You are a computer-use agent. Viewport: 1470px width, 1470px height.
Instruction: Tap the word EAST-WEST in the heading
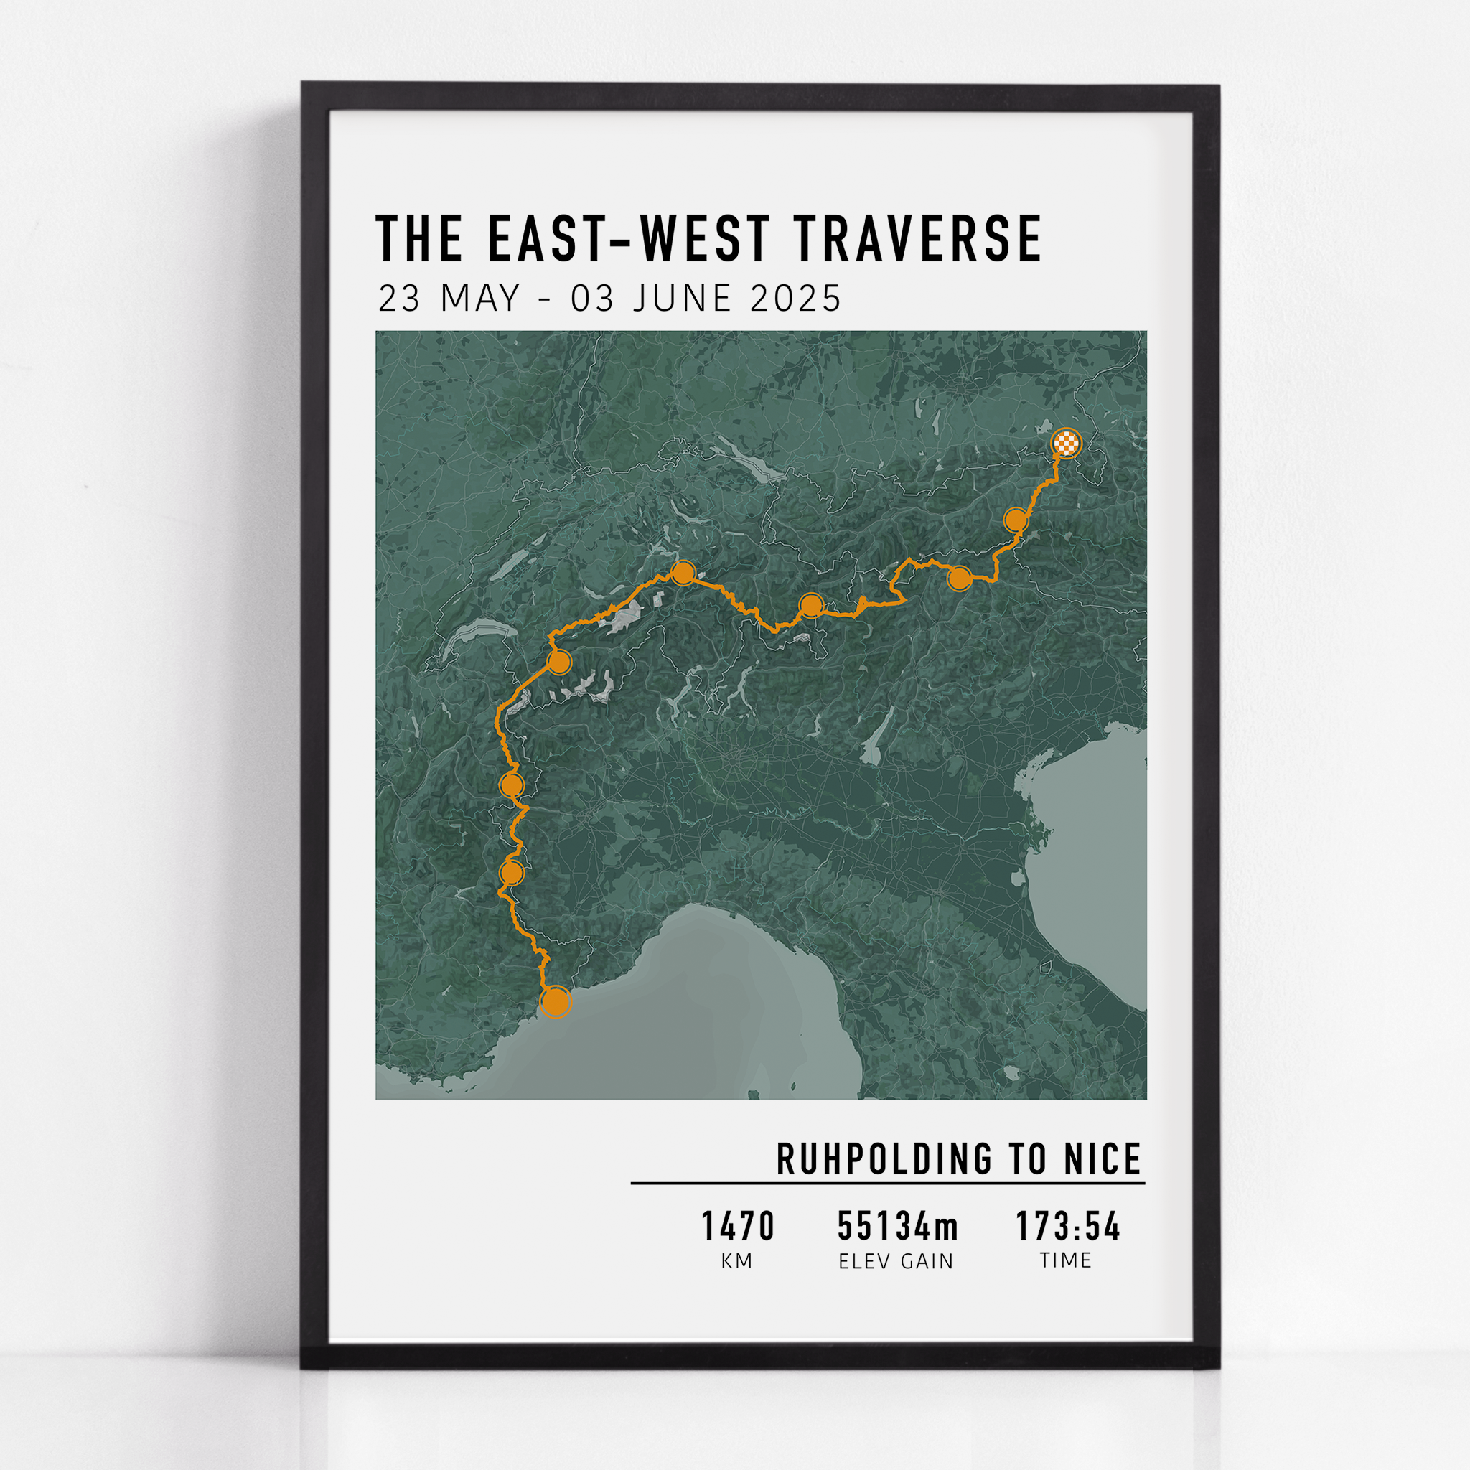(x=629, y=239)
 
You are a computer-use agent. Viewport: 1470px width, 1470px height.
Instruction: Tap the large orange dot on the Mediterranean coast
(x=556, y=1002)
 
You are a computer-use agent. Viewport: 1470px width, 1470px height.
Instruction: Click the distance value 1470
(x=737, y=1227)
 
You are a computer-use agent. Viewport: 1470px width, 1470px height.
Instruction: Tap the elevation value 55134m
(x=898, y=1227)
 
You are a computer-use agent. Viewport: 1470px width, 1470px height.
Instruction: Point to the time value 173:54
(x=1068, y=1227)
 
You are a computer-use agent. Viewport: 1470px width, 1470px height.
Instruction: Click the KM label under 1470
(x=736, y=1262)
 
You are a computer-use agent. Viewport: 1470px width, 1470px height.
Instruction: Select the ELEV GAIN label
(x=896, y=1262)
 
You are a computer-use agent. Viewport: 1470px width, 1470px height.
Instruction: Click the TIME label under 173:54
(x=1066, y=1260)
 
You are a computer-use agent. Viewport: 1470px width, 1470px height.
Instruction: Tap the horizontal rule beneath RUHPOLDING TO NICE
(x=887, y=1183)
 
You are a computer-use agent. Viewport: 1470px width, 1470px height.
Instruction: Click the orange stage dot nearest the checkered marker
(x=1016, y=520)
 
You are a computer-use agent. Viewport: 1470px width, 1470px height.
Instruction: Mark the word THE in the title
(x=419, y=239)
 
